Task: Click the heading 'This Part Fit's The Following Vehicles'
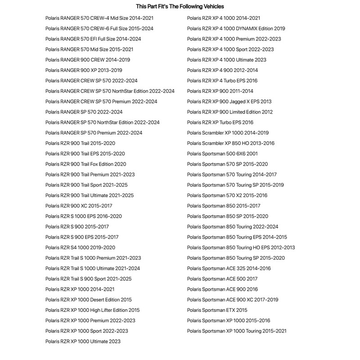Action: click(180, 7)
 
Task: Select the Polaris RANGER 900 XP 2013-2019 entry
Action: click(84, 70)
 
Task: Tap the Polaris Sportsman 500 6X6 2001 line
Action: click(222, 153)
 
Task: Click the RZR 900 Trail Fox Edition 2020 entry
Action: click(85, 164)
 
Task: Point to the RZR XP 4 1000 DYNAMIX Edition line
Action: click(236, 28)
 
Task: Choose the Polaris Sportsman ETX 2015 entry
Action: click(217, 310)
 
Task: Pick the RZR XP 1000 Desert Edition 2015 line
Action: click(88, 300)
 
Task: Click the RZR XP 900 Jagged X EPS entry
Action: click(229, 102)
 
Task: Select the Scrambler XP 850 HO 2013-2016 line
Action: click(230, 143)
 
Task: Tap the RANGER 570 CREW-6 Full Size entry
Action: click(99, 28)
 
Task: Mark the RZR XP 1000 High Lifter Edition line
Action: click(92, 310)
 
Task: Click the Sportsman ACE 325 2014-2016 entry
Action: click(229, 268)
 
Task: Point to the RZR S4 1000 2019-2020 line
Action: click(80, 247)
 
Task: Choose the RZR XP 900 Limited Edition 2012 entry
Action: click(229, 112)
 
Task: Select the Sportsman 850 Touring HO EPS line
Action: click(241, 247)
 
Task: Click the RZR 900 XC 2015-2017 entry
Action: click(79, 206)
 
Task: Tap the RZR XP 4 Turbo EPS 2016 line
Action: click(222, 81)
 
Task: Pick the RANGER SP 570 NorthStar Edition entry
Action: click(102, 122)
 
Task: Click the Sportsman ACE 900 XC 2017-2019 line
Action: click(233, 300)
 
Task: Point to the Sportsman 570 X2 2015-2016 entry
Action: click(227, 195)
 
